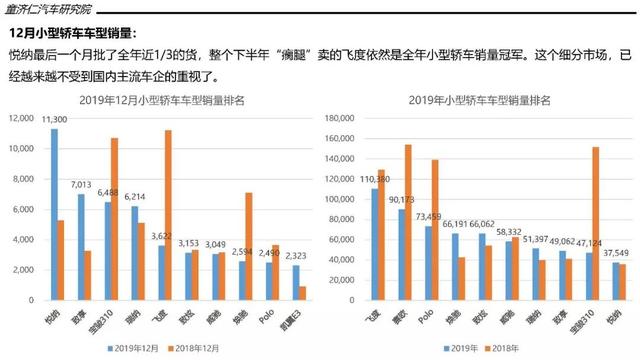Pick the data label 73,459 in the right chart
[428, 216]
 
